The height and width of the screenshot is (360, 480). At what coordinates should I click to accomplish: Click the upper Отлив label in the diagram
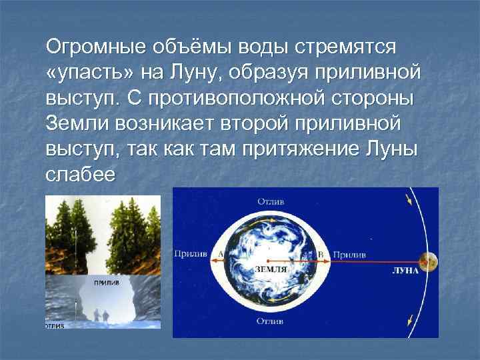tap(270, 200)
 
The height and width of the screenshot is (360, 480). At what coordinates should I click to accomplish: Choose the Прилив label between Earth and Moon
tap(349, 253)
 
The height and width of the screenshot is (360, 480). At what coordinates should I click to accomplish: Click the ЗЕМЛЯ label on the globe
tap(271, 269)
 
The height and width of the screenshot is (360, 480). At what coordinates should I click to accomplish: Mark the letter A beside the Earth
tap(220, 253)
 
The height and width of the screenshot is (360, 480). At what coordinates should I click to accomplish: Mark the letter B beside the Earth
tap(321, 253)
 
